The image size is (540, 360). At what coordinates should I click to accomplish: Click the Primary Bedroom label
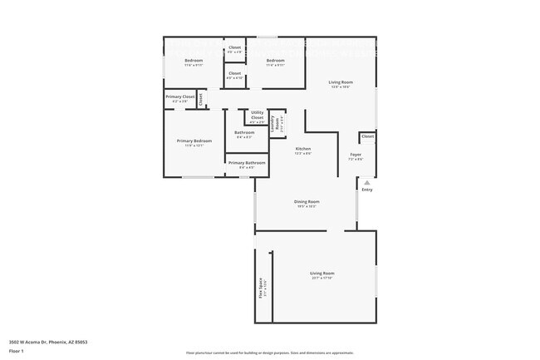[x=194, y=141]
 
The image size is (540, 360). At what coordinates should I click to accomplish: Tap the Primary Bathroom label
[x=247, y=162]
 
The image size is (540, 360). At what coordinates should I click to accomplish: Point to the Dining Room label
[x=307, y=201]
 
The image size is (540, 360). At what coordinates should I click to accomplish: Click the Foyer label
[x=355, y=154]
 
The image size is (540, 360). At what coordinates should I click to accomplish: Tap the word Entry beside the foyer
[x=366, y=190]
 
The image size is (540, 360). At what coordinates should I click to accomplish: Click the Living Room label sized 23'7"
[x=322, y=274]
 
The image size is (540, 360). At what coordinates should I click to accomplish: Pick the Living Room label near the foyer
[x=341, y=81]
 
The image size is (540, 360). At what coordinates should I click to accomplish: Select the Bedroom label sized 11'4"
[x=276, y=61]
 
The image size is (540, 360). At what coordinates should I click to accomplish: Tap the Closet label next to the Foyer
[x=366, y=136]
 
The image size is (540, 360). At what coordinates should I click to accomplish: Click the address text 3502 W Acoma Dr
[x=48, y=341]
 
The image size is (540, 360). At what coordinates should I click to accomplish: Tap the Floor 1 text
[x=17, y=352]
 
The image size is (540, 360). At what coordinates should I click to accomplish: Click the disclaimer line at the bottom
[x=269, y=353]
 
